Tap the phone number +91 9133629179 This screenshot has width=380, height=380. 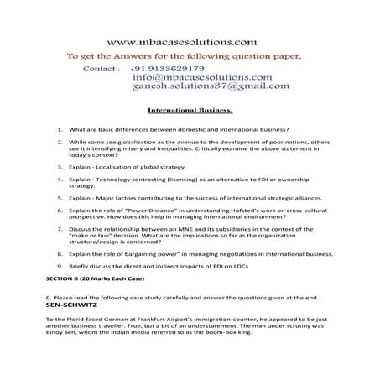pos(167,69)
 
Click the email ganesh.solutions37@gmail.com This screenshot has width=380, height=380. pos(211,86)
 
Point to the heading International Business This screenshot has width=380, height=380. pos(190,109)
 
